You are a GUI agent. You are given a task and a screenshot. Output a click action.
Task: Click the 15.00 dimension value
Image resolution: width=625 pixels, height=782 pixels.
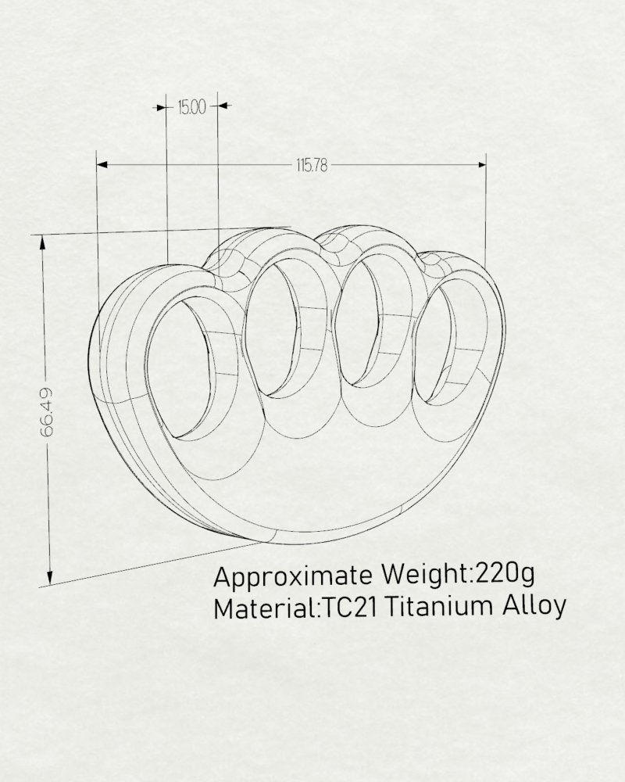pyautogui.click(x=191, y=106)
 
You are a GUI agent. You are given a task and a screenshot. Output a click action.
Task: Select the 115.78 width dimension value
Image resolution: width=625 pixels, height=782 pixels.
pyautogui.click(x=312, y=165)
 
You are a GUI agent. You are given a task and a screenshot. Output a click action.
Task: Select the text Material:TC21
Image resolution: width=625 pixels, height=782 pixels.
pyautogui.click(x=295, y=608)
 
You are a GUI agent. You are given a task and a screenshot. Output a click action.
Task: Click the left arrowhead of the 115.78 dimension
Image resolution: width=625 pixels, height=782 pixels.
pyautogui.click(x=102, y=164)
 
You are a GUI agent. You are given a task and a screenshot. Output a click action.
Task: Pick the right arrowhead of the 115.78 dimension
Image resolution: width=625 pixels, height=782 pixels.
pyautogui.click(x=481, y=164)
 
